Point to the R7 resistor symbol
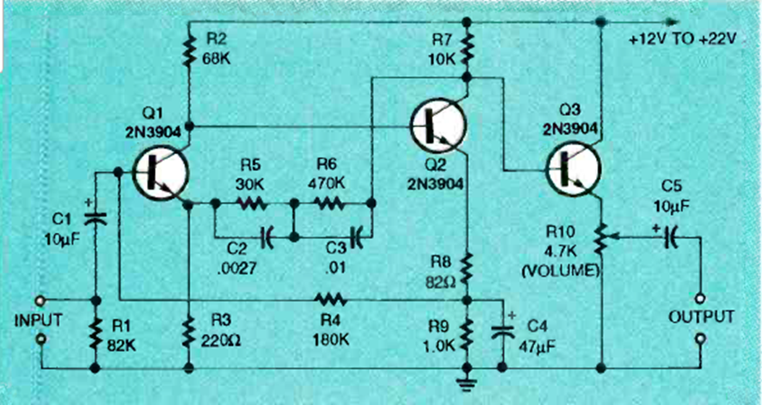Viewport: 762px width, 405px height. coord(467,51)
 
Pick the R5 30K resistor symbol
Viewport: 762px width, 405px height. coord(252,205)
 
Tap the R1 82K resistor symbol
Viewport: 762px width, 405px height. coord(94,334)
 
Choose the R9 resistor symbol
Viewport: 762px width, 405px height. coord(467,334)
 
